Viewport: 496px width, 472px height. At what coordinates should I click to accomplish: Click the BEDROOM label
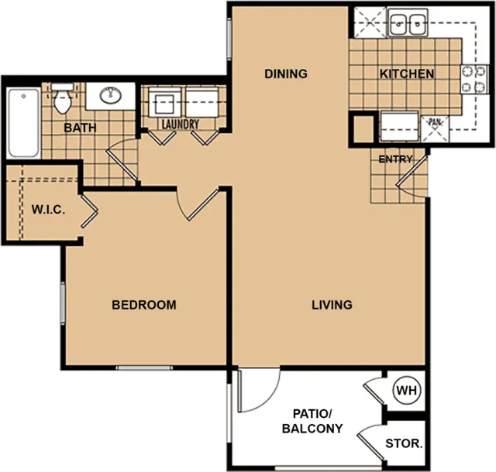(x=144, y=305)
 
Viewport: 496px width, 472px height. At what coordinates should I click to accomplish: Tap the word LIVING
(x=332, y=305)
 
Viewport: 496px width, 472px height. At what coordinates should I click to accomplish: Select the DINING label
(x=286, y=74)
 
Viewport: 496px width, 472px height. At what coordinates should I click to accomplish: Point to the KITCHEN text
(x=407, y=74)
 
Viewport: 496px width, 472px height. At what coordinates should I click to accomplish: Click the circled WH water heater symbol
(x=406, y=391)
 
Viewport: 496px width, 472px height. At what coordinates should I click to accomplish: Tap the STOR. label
(x=404, y=443)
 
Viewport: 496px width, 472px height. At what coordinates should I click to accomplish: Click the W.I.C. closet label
(x=48, y=210)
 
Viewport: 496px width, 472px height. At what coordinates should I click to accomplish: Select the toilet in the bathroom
(x=63, y=98)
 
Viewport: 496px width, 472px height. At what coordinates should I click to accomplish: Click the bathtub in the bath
(x=23, y=122)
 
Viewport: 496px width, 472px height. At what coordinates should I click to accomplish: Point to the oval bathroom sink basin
(x=110, y=95)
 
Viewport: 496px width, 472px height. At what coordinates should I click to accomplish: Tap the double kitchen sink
(x=408, y=22)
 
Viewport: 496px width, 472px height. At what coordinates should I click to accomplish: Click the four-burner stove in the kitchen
(x=474, y=79)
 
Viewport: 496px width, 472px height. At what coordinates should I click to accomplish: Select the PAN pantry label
(x=435, y=121)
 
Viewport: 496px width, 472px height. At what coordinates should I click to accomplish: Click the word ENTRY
(x=395, y=159)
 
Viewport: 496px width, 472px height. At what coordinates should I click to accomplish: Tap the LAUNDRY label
(x=181, y=124)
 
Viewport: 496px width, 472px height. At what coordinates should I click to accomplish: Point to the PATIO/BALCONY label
(x=312, y=421)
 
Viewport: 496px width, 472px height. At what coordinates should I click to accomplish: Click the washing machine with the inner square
(x=164, y=102)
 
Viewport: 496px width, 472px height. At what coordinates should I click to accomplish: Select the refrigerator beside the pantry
(x=400, y=126)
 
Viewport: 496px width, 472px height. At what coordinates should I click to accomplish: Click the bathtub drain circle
(x=23, y=96)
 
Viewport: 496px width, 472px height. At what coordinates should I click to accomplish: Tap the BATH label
(x=80, y=128)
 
